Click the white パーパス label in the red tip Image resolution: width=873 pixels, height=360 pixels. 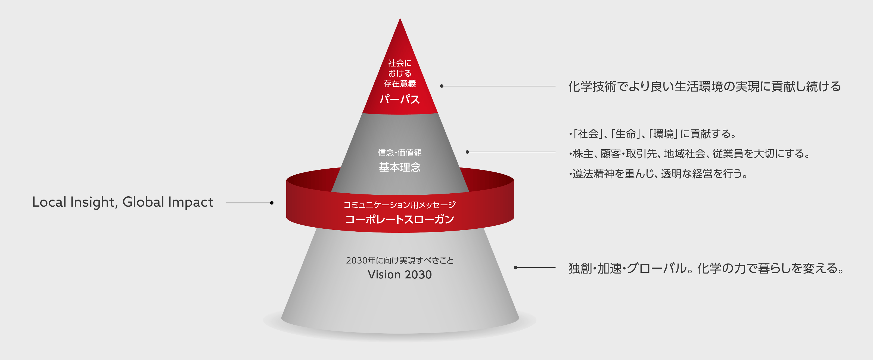pyautogui.click(x=400, y=99)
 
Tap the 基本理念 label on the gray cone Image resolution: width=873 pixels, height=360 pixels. pyautogui.click(x=400, y=167)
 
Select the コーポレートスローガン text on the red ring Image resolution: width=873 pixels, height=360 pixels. pyautogui.click(x=400, y=219)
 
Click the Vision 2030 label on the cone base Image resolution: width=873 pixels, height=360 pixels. pyautogui.click(x=400, y=275)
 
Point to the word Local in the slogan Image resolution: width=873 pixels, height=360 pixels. pyautogui.click(x=49, y=202)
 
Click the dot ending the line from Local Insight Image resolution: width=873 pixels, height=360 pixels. pyautogui.click(x=272, y=203)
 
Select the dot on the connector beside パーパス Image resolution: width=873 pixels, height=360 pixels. pyautogui.click(x=442, y=86)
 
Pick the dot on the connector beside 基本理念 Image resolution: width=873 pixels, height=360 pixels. pyautogui.click(x=467, y=152)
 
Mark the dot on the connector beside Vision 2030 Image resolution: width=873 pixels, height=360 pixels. pyautogui.click(x=515, y=268)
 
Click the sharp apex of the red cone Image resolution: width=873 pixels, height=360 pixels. pyautogui.click(x=400, y=19)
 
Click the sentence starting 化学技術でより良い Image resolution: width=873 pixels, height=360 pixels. pyautogui.click(x=704, y=86)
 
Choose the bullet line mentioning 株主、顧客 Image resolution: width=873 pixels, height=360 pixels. pyautogui.click(x=690, y=154)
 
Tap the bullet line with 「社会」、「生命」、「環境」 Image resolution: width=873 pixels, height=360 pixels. pyautogui.click(x=653, y=134)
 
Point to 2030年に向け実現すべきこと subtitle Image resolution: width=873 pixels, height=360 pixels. pyautogui.click(x=400, y=260)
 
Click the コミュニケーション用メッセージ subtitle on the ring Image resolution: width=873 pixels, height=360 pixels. pyautogui.click(x=400, y=205)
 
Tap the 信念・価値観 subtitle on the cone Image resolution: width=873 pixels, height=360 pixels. pyautogui.click(x=400, y=153)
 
